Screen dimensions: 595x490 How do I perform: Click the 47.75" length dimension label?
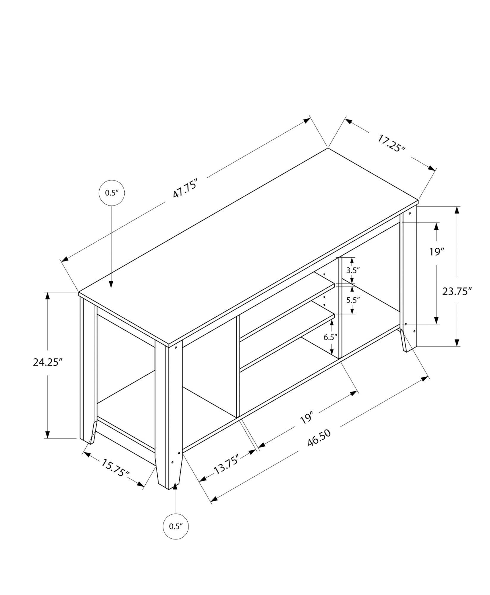click(185, 188)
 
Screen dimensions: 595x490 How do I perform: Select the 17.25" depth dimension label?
click(392, 143)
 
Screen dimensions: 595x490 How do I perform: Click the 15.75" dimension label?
click(115, 472)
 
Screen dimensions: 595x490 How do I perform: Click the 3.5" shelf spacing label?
click(353, 270)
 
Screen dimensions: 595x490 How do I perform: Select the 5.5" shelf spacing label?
click(353, 300)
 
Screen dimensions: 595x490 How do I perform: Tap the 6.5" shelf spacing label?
click(330, 337)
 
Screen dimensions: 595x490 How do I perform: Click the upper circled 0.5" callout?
click(111, 193)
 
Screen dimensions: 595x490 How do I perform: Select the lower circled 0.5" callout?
click(175, 526)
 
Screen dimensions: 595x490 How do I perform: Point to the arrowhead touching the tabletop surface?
click(111, 284)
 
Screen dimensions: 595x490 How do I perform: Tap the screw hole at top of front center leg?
click(176, 347)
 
